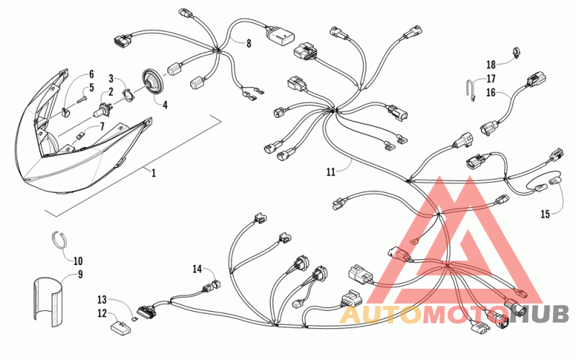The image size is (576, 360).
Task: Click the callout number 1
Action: (152, 172)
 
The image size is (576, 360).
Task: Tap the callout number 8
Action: (248, 44)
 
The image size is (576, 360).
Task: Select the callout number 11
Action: (330, 172)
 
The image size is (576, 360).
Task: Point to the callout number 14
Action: (197, 269)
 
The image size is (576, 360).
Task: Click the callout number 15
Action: (545, 213)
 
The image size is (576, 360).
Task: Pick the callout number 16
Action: (490, 92)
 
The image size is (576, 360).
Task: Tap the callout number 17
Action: (491, 78)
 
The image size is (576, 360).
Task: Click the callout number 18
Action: (490, 64)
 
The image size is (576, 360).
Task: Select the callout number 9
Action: (81, 274)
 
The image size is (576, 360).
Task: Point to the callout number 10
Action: (78, 261)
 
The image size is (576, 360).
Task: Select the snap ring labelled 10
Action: (62, 239)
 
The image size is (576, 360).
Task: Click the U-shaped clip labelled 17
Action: (469, 91)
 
